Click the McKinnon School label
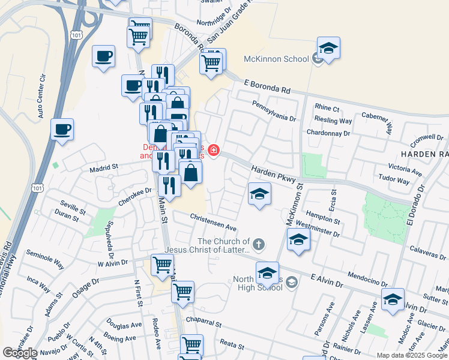pos(276,59)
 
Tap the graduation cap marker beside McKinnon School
pos(328,49)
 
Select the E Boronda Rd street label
pos(267,86)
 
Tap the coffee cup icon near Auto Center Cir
pos(62,128)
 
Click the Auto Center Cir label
pos(41,96)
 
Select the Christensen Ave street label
pos(213,222)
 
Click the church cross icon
pos(258,243)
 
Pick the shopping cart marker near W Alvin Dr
pos(162,265)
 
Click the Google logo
pos(19,353)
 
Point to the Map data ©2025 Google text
pos(412,355)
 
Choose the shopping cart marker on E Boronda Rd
pos(211,61)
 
